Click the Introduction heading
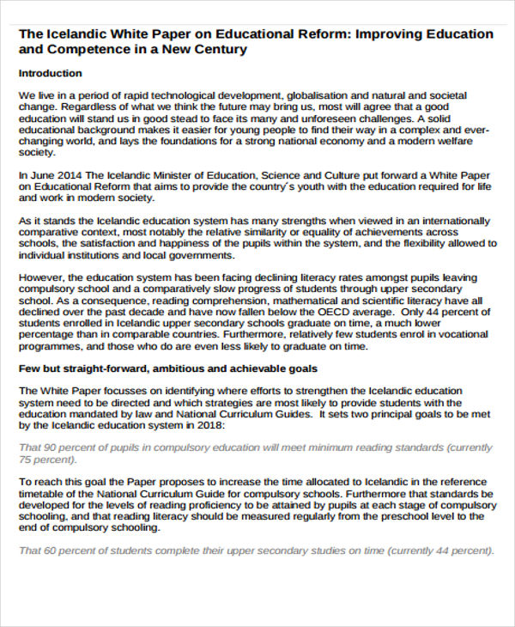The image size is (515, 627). click(x=50, y=73)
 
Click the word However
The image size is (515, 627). click(x=40, y=277)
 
